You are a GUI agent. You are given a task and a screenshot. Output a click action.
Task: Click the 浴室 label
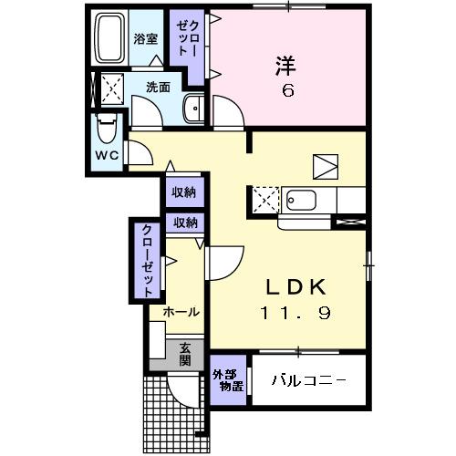(x=146, y=39)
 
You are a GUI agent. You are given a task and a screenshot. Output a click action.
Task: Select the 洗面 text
(x=159, y=88)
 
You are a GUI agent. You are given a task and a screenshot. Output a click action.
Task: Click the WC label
(x=108, y=155)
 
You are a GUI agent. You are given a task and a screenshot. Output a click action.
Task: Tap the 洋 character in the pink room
(x=285, y=65)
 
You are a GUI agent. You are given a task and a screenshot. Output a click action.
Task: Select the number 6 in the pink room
(x=285, y=91)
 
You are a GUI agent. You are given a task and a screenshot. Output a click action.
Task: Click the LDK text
(x=295, y=285)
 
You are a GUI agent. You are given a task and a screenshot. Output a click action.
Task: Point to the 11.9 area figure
(x=295, y=313)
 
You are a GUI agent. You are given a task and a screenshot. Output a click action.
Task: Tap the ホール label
(x=181, y=312)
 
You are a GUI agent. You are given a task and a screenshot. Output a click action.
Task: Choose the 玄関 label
(x=185, y=353)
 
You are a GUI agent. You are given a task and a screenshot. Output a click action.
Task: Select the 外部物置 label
(x=227, y=380)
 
